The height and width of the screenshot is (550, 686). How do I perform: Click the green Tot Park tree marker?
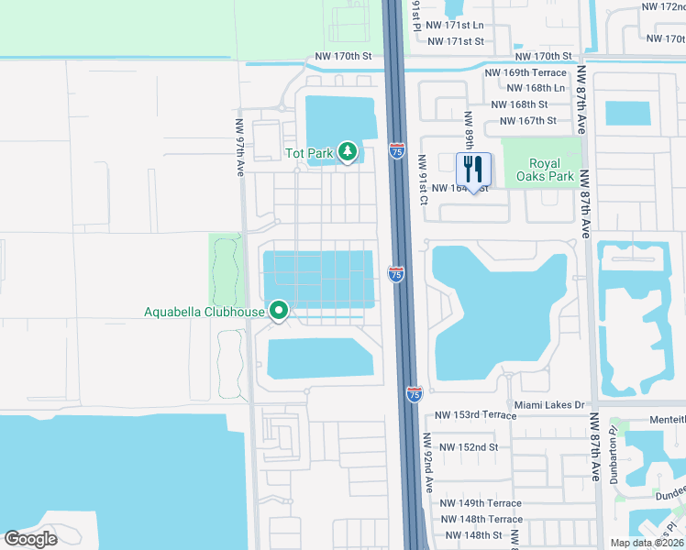click(x=348, y=151)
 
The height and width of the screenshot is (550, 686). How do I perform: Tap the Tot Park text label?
click(x=308, y=153)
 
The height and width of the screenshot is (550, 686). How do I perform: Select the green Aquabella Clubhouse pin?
click(x=279, y=312)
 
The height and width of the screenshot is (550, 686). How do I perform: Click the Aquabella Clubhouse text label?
click(x=204, y=313)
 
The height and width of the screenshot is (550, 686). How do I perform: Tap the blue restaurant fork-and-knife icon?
click(x=474, y=170)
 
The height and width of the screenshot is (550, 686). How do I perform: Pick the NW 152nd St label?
click(x=468, y=447)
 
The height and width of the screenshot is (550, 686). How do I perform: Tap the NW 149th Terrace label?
click(x=480, y=503)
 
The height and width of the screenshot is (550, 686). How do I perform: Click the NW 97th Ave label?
click(x=239, y=147)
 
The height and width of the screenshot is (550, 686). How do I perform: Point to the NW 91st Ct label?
click(x=424, y=180)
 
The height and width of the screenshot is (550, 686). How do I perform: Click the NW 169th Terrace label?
click(x=526, y=71)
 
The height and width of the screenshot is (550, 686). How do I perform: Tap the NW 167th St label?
click(x=527, y=121)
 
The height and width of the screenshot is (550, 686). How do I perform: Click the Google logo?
click(x=30, y=539)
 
